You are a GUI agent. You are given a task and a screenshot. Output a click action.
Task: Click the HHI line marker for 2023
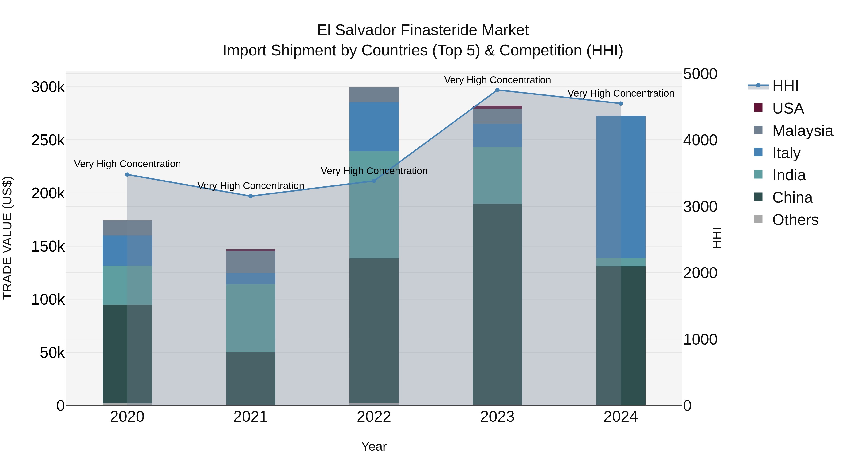(497, 90)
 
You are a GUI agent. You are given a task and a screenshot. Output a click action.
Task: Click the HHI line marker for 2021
(251, 196)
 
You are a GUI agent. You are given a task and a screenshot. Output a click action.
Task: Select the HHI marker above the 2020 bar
(127, 174)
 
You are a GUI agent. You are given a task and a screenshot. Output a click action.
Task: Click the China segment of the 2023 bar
(497, 304)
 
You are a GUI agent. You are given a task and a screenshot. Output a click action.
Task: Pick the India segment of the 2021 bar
(251, 318)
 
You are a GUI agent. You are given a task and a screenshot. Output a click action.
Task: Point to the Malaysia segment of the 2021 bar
(251, 262)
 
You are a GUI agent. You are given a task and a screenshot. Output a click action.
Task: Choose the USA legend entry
(787, 108)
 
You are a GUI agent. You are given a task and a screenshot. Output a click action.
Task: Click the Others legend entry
(795, 220)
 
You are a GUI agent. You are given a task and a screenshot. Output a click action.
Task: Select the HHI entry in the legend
(785, 86)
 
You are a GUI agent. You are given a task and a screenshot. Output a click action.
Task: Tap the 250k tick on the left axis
(48, 140)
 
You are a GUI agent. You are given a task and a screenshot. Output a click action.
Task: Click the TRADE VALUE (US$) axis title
(7, 238)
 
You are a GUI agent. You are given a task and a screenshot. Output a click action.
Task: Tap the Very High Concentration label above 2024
(621, 93)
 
